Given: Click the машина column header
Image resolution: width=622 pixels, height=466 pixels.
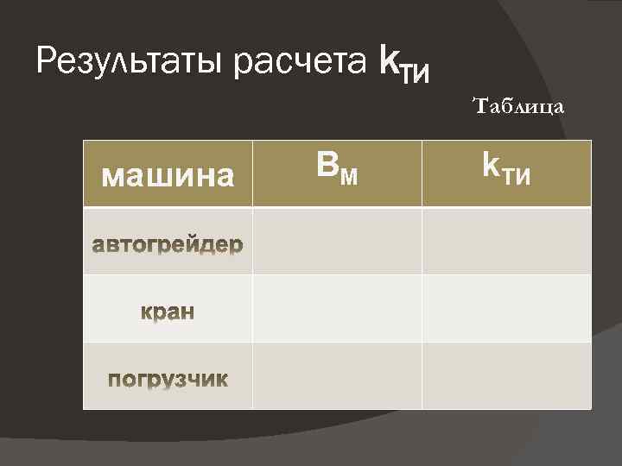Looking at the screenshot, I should (x=168, y=176).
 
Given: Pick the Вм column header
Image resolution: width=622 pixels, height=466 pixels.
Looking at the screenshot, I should (x=337, y=171).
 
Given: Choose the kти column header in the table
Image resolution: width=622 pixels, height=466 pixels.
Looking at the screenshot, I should (x=506, y=172).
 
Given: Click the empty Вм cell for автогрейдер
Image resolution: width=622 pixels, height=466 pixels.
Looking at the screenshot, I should (x=337, y=242).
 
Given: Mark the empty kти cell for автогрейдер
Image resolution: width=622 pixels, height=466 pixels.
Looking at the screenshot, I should (x=506, y=242).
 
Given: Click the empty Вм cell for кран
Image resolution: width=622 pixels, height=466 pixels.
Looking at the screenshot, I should (x=337, y=309).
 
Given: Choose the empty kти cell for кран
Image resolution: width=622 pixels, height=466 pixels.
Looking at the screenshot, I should (x=506, y=309).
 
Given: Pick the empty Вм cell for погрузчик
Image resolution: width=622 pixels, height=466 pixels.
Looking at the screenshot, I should (x=337, y=375).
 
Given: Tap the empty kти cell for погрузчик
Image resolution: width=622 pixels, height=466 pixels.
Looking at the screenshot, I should (x=506, y=375).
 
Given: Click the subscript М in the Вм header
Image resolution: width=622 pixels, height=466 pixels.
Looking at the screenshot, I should (x=347, y=177).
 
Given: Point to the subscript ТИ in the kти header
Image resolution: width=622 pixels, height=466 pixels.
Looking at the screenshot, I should (x=517, y=177).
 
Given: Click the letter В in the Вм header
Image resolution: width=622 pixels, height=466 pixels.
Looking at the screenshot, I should (x=327, y=168).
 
